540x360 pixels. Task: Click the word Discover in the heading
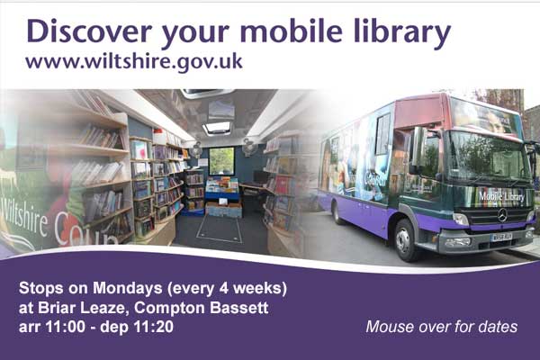(x=89, y=31)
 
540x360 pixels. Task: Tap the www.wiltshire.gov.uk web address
(x=134, y=62)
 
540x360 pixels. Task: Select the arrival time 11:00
(x=66, y=327)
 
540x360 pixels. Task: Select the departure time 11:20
(x=154, y=327)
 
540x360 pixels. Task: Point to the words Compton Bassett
(x=201, y=308)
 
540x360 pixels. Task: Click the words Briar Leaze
(x=81, y=308)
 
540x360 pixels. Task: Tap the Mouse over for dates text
(x=442, y=327)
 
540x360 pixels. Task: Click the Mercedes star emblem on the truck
(x=502, y=215)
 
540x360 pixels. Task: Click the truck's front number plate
(x=502, y=237)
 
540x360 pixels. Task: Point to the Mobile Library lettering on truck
(x=501, y=197)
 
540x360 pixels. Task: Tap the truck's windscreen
(x=488, y=156)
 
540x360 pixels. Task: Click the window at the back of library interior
(x=221, y=161)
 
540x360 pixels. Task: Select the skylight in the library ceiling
(x=217, y=129)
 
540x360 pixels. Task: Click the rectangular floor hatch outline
(x=219, y=229)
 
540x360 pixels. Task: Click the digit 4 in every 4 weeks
(x=224, y=288)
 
